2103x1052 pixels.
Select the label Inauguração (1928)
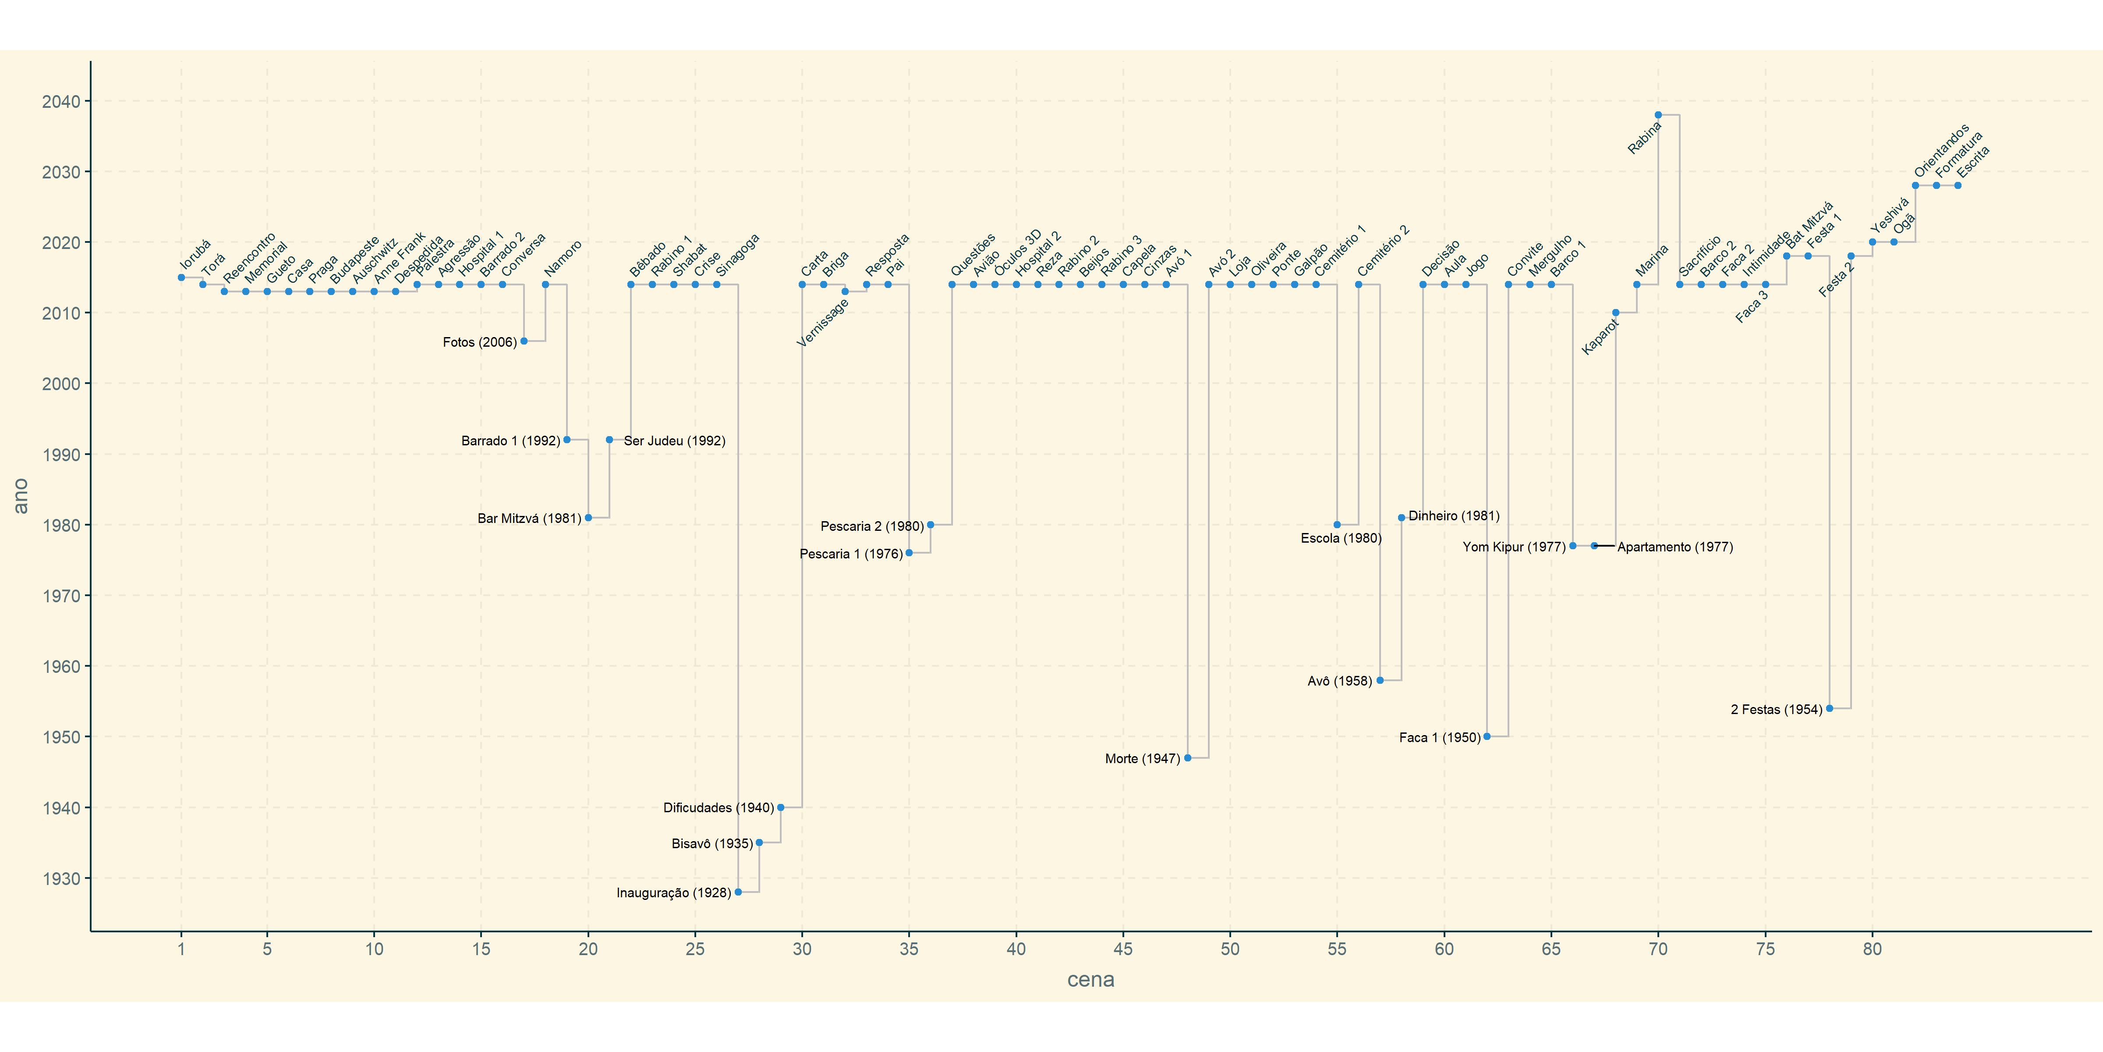pos(673,893)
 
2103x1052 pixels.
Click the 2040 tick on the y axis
pos(61,101)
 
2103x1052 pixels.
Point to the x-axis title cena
pos(1090,979)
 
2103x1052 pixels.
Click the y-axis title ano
pos(21,496)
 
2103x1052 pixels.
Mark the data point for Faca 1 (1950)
pos(1487,737)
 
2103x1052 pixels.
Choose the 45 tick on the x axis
pos(1123,949)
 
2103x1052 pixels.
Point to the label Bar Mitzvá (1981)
pos(529,519)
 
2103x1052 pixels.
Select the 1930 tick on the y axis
pos(61,879)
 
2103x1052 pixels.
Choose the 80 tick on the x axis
pos(1872,949)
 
